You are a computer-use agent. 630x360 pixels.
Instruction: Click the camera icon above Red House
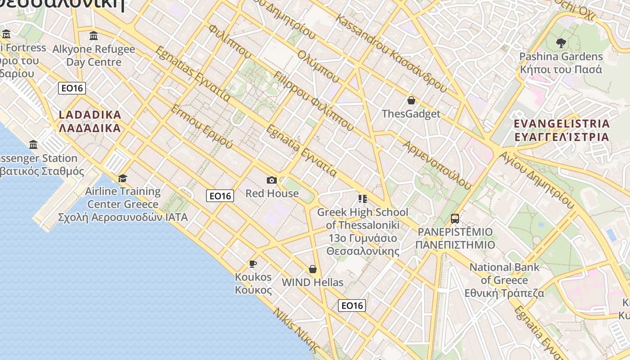(x=272, y=180)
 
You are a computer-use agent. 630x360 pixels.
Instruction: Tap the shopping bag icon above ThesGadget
(x=411, y=100)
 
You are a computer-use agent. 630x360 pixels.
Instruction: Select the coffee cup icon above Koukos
(x=253, y=264)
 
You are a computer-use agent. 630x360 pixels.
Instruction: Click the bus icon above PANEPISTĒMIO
(x=455, y=219)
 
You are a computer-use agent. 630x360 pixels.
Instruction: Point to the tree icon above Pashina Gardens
(x=561, y=43)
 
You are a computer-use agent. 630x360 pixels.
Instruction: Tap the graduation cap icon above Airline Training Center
(x=122, y=178)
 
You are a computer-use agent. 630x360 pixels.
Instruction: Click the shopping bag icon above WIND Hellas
(x=313, y=269)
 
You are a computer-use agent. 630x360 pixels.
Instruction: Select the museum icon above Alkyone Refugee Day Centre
(x=94, y=36)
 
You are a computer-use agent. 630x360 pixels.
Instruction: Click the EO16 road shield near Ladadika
(x=72, y=88)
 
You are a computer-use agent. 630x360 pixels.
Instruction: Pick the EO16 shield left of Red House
(x=220, y=196)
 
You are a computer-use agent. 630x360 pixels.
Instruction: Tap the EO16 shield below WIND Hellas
(x=352, y=306)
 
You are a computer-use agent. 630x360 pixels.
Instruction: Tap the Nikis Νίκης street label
(x=297, y=330)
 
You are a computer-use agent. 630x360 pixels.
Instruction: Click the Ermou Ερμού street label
(x=202, y=126)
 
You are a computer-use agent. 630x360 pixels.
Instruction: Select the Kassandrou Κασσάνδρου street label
(x=391, y=54)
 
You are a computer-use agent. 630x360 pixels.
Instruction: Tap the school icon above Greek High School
(x=363, y=198)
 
